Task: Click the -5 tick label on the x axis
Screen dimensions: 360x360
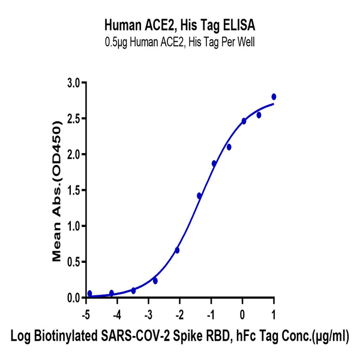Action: (86, 313)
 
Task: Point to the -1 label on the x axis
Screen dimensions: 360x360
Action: (211, 313)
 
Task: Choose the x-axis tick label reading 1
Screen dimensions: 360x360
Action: (274, 313)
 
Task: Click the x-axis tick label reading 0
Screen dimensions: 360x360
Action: (242, 313)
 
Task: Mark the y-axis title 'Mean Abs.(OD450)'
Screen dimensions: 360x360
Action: (58, 191)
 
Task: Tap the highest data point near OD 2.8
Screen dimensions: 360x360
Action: (274, 97)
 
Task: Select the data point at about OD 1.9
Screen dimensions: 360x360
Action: (214, 163)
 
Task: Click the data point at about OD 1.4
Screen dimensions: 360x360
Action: (199, 196)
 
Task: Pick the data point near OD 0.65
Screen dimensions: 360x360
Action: (177, 250)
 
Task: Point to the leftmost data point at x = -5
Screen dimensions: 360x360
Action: (89, 293)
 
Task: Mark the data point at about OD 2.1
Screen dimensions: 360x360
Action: (229, 147)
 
